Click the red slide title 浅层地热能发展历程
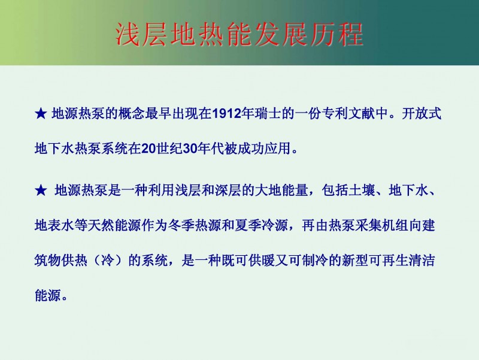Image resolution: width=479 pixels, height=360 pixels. [x=239, y=34]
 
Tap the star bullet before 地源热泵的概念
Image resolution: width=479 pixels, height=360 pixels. [x=41, y=114]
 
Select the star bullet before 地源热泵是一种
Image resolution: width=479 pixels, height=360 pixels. [x=41, y=190]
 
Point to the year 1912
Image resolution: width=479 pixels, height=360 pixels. [x=226, y=114]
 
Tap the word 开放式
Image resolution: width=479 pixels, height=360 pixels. [x=422, y=114]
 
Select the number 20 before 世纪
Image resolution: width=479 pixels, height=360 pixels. [x=148, y=149]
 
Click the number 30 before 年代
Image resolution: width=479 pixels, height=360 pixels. [x=189, y=149]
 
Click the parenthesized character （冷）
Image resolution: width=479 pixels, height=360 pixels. [x=108, y=261]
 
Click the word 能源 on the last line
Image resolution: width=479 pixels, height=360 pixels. [x=48, y=295]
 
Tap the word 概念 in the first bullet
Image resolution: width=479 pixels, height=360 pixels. [x=132, y=114]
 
